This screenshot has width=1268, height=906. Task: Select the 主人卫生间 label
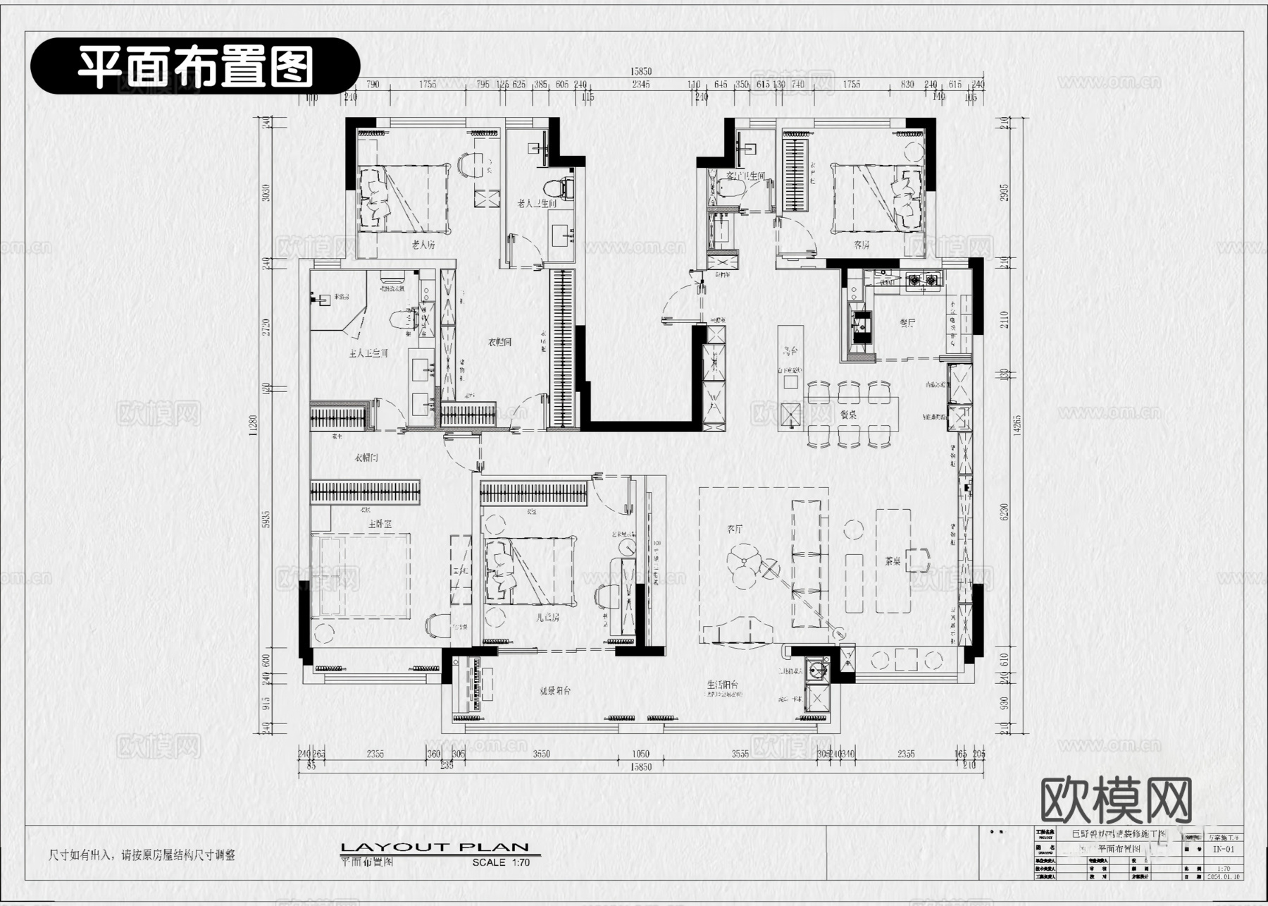tap(368, 353)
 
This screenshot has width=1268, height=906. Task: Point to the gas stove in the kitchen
tap(922, 281)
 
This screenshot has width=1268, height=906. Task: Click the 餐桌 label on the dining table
tap(847, 415)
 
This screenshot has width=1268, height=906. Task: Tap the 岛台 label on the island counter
tap(790, 350)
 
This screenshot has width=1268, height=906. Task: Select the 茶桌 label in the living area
tap(893, 561)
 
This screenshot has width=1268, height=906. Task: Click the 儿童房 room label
tap(547, 618)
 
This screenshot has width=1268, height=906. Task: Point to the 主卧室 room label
tap(380, 525)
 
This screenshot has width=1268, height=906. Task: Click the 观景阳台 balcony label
tap(555, 691)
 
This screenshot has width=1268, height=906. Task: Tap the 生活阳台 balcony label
tap(723, 685)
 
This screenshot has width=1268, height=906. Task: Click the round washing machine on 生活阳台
tap(817, 667)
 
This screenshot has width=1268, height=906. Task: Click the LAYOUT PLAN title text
tap(435, 847)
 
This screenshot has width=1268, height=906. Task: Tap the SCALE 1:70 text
tap(501, 862)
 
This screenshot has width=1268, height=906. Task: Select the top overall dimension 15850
tap(640, 71)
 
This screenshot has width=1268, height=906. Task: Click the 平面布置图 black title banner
tap(195, 66)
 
